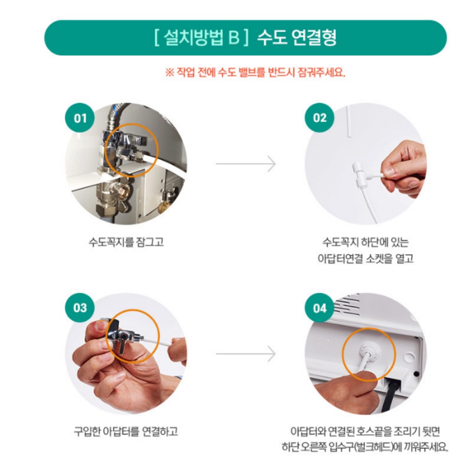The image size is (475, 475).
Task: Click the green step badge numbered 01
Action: [80, 118]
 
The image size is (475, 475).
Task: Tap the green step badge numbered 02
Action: [320, 117]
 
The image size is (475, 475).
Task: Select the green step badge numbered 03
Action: [80, 308]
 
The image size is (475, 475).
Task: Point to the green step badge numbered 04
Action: [320, 308]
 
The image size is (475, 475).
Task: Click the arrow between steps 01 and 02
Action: [246, 164]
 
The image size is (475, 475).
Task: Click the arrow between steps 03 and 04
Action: [246, 353]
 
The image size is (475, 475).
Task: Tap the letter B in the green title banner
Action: [234, 38]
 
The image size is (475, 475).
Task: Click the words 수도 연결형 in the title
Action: [297, 38]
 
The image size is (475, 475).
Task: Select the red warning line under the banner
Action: [255, 72]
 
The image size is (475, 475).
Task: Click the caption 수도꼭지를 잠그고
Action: [126, 242]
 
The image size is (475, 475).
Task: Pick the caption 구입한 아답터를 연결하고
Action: [126, 431]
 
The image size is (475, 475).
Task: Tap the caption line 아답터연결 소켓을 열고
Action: [366, 258]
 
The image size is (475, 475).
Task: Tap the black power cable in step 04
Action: [390, 397]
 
